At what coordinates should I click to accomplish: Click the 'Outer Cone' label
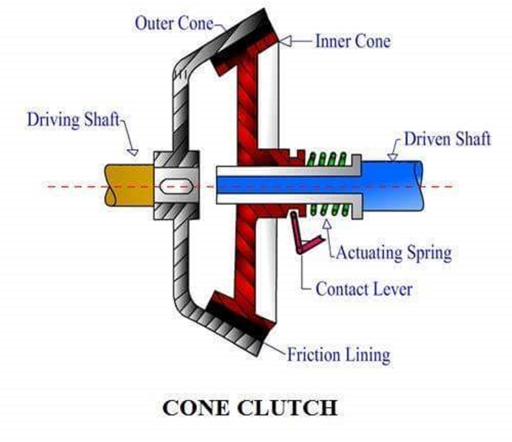[x=174, y=23]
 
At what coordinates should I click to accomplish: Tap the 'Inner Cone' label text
[x=353, y=41]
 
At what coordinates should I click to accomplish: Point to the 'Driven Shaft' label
[x=447, y=139]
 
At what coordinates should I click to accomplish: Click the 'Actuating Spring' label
[x=394, y=253]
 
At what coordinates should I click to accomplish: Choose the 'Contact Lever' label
[x=364, y=289]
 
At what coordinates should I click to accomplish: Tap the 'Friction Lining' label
[x=339, y=355]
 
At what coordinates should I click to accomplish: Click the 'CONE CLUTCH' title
[x=250, y=408]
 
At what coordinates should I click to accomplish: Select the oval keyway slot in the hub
[x=176, y=187]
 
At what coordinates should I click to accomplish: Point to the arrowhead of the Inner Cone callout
[x=285, y=41]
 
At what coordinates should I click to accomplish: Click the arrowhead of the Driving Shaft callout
[x=133, y=152]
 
